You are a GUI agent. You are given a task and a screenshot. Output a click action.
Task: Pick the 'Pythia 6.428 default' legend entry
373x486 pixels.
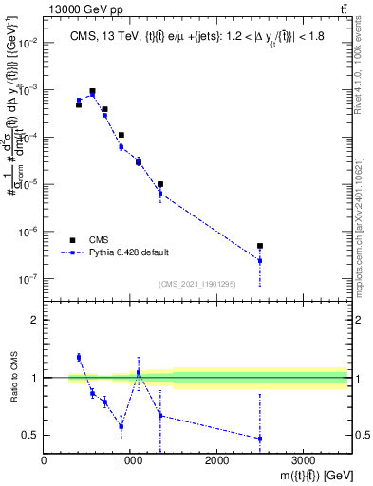tap(128, 252)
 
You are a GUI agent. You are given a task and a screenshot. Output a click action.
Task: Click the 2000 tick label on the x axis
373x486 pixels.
tap(216, 460)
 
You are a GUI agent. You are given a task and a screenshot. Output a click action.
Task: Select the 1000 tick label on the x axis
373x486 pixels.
tap(130, 460)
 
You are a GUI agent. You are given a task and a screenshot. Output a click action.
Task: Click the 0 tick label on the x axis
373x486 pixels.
tap(45, 460)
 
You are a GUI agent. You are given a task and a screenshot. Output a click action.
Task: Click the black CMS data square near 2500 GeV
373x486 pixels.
tap(260, 246)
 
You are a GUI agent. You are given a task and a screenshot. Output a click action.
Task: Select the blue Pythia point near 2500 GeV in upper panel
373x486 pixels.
tap(260, 260)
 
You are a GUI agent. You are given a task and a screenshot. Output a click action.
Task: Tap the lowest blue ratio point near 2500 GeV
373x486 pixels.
tap(260, 439)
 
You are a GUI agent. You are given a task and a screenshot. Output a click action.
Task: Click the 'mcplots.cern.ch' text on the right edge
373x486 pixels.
tap(364, 274)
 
